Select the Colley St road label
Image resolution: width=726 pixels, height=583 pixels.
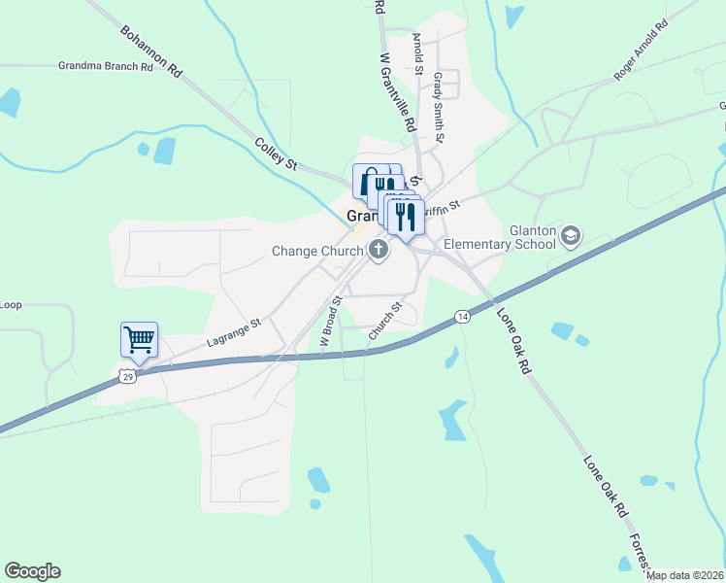click(x=276, y=154)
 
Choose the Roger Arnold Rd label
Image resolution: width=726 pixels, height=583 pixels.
click(x=641, y=51)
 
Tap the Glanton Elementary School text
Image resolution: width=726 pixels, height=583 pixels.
click(x=499, y=237)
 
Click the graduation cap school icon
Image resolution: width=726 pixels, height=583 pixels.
click(x=572, y=236)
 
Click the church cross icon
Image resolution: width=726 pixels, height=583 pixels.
click(x=378, y=251)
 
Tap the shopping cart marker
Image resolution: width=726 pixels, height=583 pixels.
click(x=139, y=340)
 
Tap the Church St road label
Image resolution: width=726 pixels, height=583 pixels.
click(x=385, y=322)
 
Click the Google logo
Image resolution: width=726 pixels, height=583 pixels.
click(x=32, y=571)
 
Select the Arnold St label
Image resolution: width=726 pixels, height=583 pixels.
click(x=418, y=53)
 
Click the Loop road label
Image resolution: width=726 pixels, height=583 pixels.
click(x=10, y=305)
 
